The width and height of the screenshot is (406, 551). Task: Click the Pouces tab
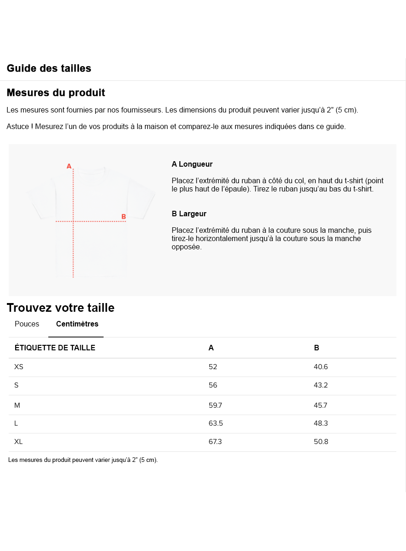(27, 324)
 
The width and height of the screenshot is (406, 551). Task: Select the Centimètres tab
(77, 324)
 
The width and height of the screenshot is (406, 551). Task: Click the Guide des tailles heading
(49, 68)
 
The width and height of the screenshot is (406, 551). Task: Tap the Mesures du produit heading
(56, 93)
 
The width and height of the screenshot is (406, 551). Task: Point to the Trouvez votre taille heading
(61, 308)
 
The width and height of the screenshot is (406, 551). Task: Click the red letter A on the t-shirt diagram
(69, 166)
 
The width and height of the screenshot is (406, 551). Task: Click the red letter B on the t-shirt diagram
(123, 217)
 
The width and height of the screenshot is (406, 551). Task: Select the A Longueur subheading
(192, 164)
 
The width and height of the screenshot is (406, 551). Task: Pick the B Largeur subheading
(189, 214)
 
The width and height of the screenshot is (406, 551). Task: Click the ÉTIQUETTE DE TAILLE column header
(55, 348)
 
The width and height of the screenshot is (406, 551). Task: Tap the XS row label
(19, 367)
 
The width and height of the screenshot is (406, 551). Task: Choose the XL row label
(18, 442)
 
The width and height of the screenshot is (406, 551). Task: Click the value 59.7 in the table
(216, 405)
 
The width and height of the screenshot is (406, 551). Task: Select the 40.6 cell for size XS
(321, 367)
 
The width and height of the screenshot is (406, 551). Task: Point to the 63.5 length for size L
(216, 423)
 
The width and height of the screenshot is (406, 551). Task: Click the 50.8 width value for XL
(321, 442)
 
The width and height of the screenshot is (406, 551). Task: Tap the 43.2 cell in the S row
(321, 385)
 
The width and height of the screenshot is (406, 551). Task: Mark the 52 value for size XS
(213, 367)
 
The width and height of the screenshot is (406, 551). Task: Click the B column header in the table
(317, 348)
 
